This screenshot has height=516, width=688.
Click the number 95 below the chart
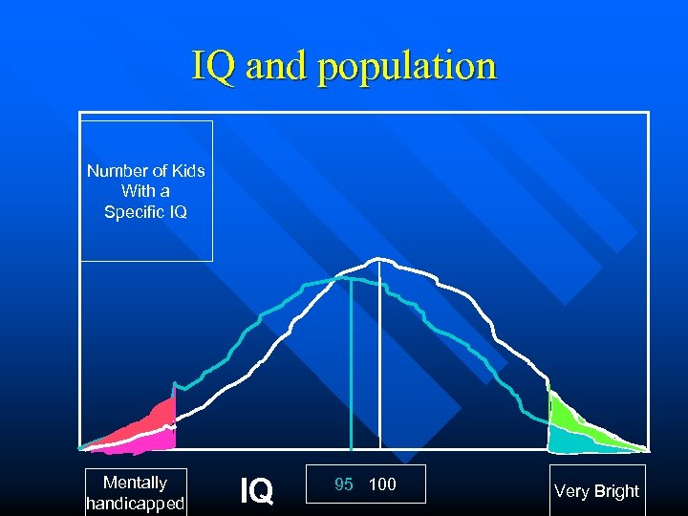point(344,484)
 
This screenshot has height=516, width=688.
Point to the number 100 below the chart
point(381,484)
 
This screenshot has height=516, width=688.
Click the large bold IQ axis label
point(256,491)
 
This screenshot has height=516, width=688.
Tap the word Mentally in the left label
point(134,483)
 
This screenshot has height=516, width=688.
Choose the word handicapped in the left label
point(134,503)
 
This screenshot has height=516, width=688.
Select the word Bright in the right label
point(616,491)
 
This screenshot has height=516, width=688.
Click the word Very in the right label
point(571,491)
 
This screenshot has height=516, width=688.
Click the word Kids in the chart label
point(186,171)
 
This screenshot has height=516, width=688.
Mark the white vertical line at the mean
point(380,363)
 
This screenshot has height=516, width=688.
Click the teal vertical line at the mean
point(351,373)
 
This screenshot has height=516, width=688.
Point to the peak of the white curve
point(379,259)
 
